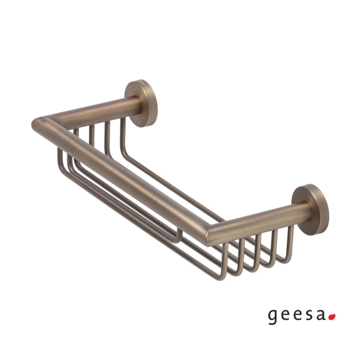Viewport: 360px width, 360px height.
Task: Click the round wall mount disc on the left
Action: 142,103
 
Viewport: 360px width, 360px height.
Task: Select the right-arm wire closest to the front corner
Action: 226,260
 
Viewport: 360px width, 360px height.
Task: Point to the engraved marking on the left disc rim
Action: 141,83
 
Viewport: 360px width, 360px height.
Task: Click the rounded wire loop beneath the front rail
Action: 176,238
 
